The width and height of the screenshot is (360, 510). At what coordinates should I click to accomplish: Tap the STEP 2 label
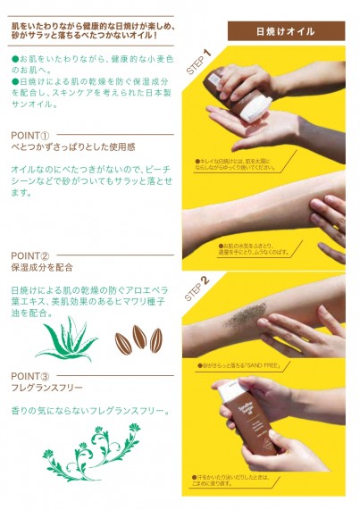tap(197, 288)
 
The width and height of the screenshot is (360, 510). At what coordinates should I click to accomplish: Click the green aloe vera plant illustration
tap(66, 339)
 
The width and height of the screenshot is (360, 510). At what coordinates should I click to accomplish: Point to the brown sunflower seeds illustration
tap(138, 339)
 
